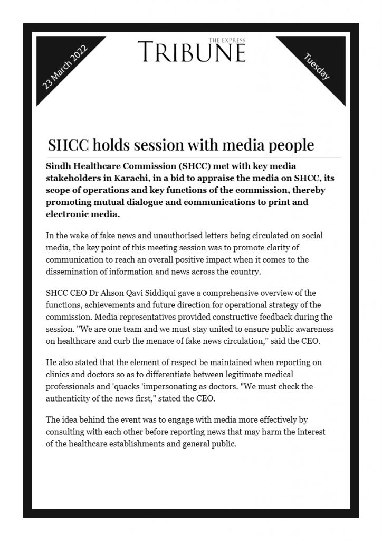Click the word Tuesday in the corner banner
coord(317,67)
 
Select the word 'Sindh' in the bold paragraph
coord(59,166)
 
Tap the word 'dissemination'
coord(72,273)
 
